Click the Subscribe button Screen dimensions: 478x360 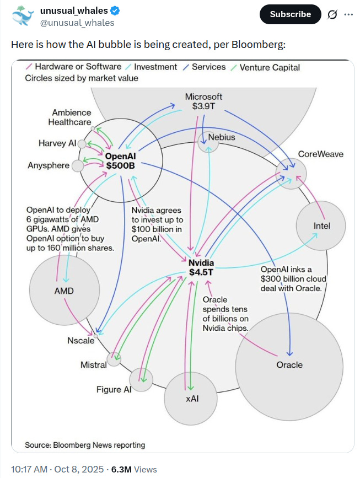tap(290, 14)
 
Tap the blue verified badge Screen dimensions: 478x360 tap(118, 11)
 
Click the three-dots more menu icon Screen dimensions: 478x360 tap(348, 14)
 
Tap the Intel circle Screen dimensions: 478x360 tap(321, 226)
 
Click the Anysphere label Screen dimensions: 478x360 tap(49, 165)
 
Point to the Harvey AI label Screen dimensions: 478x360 tap(57, 143)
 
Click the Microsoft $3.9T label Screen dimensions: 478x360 tap(203, 101)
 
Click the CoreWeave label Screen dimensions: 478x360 tap(320, 154)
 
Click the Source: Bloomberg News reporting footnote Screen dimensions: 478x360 tap(85, 445)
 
